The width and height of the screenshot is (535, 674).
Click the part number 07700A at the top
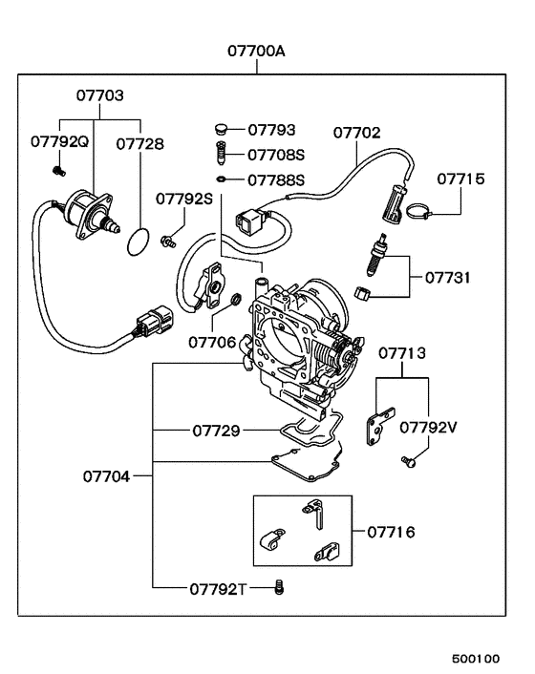(256, 50)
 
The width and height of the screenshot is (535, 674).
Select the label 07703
(100, 96)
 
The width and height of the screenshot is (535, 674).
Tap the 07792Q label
(59, 142)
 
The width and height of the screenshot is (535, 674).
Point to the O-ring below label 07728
(139, 242)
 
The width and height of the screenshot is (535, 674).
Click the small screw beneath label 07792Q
(56, 170)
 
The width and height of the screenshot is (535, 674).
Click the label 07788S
(276, 179)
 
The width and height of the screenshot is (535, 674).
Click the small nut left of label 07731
(363, 291)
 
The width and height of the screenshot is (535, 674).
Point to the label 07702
(357, 133)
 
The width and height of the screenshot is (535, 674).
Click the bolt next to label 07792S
(171, 241)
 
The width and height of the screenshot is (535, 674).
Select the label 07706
(212, 340)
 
